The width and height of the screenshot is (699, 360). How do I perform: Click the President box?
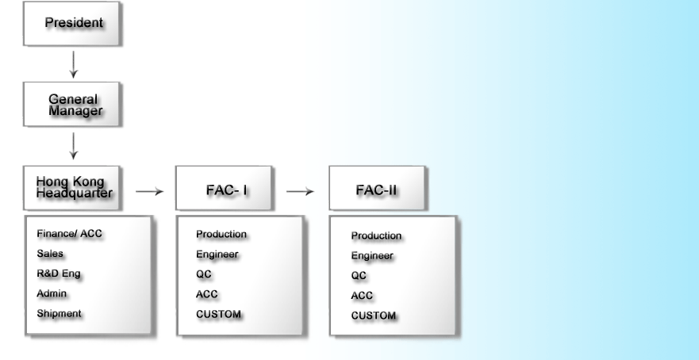pos(73,23)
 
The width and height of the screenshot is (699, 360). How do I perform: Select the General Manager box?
pos(73,103)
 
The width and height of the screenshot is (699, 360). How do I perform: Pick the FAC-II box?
pos(377,190)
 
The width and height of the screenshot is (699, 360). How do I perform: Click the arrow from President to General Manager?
pos(73,63)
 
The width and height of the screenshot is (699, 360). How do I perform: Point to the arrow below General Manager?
pos(73,145)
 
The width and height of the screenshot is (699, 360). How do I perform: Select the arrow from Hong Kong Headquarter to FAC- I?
pos(149,191)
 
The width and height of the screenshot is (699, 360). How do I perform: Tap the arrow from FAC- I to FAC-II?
pos(300,191)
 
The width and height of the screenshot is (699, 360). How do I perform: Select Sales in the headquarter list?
pos(50,255)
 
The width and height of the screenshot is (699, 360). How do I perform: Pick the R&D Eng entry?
pos(59,274)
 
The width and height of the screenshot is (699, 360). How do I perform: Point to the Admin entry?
pos(52,294)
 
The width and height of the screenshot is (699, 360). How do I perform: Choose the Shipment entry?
pos(59,314)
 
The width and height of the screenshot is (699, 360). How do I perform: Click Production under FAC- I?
pos(221,235)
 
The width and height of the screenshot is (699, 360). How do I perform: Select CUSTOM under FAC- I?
pos(218,314)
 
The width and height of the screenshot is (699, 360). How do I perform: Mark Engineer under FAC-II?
pos(373,256)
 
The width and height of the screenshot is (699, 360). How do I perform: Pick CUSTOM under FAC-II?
pos(374,316)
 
